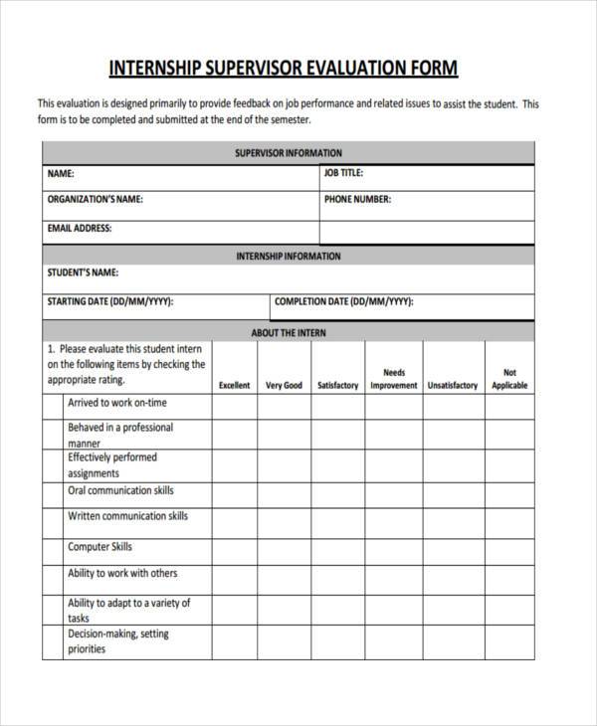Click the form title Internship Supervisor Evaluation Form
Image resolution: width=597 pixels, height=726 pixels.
(283, 68)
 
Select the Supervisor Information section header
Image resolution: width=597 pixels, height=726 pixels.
(288, 153)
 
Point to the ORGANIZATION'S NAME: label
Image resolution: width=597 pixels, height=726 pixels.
(96, 199)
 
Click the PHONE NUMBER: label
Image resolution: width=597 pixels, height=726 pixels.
(357, 199)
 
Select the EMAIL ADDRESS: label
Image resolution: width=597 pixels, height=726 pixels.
(80, 228)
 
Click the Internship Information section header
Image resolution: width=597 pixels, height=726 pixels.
(288, 257)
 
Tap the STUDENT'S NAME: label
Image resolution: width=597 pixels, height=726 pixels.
(83, 272)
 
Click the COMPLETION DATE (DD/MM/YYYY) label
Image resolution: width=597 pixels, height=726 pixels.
(343, 301)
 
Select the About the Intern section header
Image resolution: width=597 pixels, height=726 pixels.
(288, 332)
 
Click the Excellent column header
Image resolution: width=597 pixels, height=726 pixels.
(235, 385)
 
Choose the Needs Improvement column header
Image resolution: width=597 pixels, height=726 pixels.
(394, 379)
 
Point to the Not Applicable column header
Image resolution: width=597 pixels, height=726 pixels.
(509, 379)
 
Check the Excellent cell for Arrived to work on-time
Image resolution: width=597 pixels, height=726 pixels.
(235, 407)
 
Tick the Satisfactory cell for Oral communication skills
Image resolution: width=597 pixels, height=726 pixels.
(337, 494)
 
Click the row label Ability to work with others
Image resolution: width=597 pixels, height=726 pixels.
(122, 574)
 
